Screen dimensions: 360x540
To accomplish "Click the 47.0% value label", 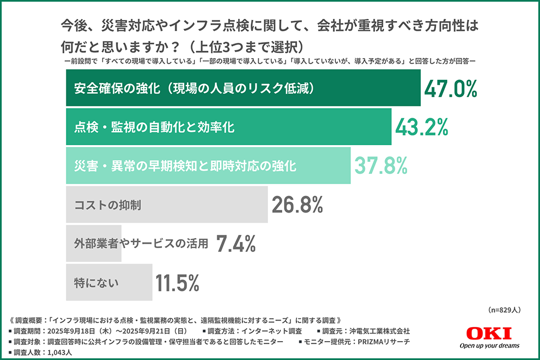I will pyautogui.click(x=450, y=89).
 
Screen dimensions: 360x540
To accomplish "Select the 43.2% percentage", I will pyautogui.click(x=422, y=127).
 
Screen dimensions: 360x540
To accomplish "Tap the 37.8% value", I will pyautogui.click(x=380, y=165).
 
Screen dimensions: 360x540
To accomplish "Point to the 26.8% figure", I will pyautogui.click(x=297, y=205).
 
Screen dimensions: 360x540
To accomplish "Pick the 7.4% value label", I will pyautogui.click(x=235, y=243).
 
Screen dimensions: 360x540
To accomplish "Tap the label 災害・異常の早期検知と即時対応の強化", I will pyautogui.click(x=185, y=166).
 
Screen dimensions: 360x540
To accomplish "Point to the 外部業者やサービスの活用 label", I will pyautogui.click(x=141, y=243).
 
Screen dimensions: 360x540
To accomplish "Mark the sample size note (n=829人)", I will pyautogui.click(x=503, y=310).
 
